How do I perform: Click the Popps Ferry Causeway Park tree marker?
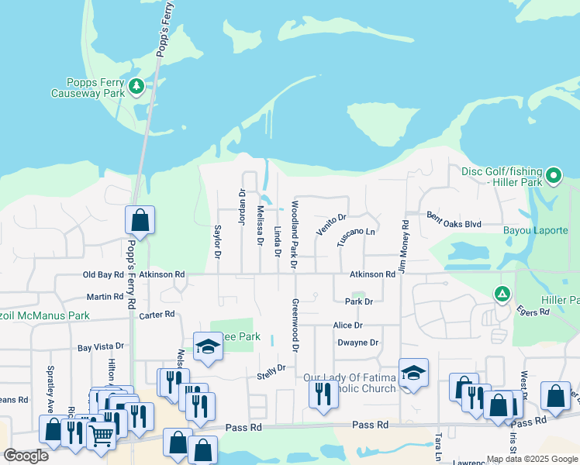pos(137,85)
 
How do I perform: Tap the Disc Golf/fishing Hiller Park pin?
pos(553,176)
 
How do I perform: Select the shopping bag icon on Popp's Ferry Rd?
pos(140,221)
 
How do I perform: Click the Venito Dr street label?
pos(331,224)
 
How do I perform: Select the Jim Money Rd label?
pos(405,245)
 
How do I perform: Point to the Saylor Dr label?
pos(217,242)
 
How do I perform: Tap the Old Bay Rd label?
pos(103,274)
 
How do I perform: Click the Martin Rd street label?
pos(105,297)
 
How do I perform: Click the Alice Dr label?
pos(347,325)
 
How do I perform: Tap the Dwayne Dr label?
pos(357,343)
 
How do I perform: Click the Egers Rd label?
pos(533,311)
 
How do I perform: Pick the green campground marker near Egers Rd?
pos(502,294)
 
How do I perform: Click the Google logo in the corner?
pos(26,456)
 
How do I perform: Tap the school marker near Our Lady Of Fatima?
pos(413,374)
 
